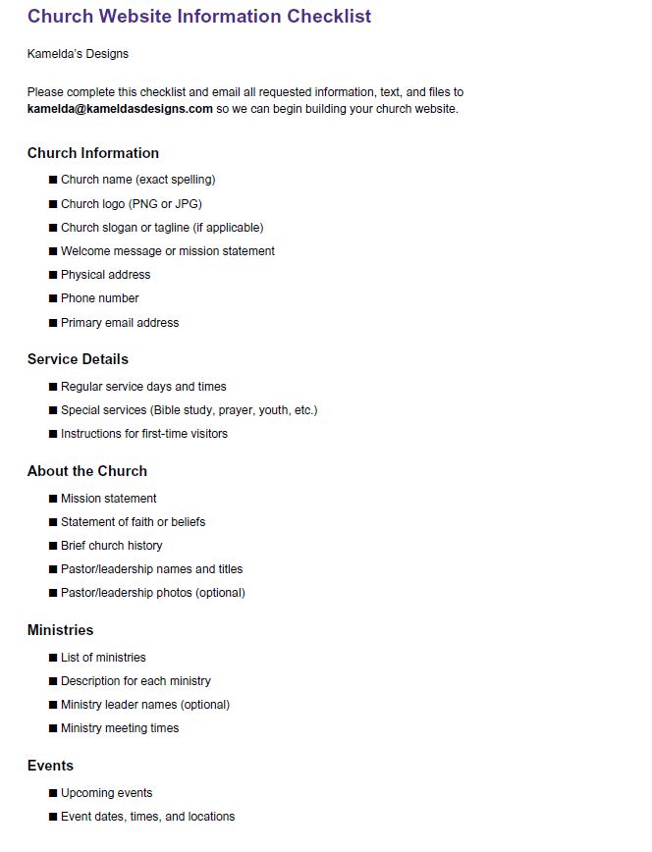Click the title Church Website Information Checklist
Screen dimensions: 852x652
tap(199, 17)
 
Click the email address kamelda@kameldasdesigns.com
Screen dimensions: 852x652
tap(120, 109)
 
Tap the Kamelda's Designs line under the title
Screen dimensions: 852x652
tap(78, 54)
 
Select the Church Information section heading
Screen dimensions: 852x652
tap(93, 153)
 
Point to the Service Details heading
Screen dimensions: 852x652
tap(78, 359)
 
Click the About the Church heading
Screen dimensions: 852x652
tap(87, 471)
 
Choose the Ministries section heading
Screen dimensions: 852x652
tap(61, 630)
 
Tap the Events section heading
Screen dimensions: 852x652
tap(50, 766)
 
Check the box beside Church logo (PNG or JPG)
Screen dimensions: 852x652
tap(53, 204)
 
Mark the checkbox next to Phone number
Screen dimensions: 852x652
tap(53, 298)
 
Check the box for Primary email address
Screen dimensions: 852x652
tap(53, 323)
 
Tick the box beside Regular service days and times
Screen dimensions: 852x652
tap(53, 387)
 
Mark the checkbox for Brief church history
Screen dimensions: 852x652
tap(53, 546)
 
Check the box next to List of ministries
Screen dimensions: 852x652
tap(53, 658)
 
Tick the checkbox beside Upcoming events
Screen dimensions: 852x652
tap(53, 793)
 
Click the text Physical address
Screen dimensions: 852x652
tap(106, 275)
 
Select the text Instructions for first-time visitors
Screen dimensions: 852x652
tap(144, 434)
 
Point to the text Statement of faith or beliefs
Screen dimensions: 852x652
tap(133, 522)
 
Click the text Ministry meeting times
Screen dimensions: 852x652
tap(120, 728)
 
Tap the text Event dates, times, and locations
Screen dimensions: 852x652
tap(148, 817)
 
